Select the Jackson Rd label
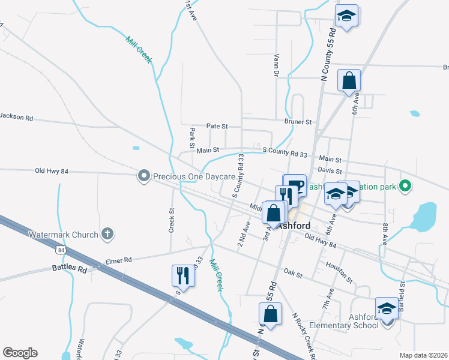pyautogui.click(x=16, y=117)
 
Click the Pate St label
pyautogui.click(x=217, y=127)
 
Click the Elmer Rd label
pyautogui.click(x=118, y=260)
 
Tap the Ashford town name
pyautogui.click(x=294, y=226)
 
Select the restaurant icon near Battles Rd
pyautogui.click(x=184, y=275)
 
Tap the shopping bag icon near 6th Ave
pyautogui.click(x=349, y=80)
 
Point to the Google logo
pyautogui.click(x=20, y=353)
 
